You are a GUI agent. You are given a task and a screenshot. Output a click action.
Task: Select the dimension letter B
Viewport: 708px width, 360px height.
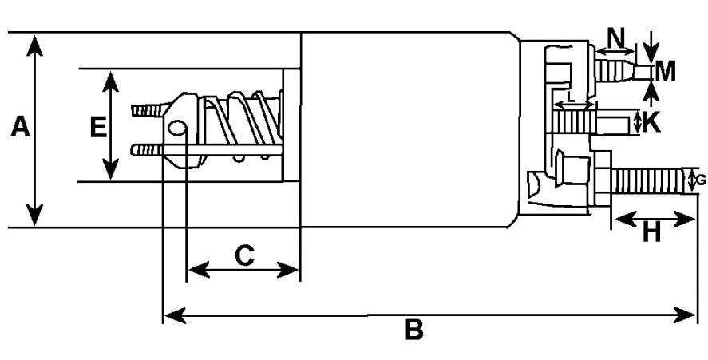[x=413, y=330]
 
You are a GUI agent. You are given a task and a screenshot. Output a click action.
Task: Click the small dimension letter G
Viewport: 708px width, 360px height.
[x=701, y=180]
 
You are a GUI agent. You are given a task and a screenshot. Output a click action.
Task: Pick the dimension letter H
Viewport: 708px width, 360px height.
[x=652, y=233]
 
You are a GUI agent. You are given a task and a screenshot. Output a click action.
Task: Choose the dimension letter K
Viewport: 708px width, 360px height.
[x=651, y=122]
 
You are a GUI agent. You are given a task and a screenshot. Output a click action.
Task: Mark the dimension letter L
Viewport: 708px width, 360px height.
[x=569, y=96]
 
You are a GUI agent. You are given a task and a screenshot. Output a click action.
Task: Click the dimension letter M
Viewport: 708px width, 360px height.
[x=665, y=73]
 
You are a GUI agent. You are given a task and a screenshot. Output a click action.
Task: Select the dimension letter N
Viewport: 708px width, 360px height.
[x=616, y=37]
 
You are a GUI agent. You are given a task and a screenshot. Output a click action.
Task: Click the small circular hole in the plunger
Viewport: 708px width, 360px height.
[x=180, y=128]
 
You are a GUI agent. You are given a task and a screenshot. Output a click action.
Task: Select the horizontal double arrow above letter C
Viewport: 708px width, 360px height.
[x=243, y=271]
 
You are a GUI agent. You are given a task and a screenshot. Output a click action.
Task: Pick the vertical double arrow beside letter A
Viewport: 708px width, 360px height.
[x=34, y=129]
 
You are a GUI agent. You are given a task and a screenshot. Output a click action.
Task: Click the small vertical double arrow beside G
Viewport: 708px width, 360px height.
[x=692, y=180]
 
